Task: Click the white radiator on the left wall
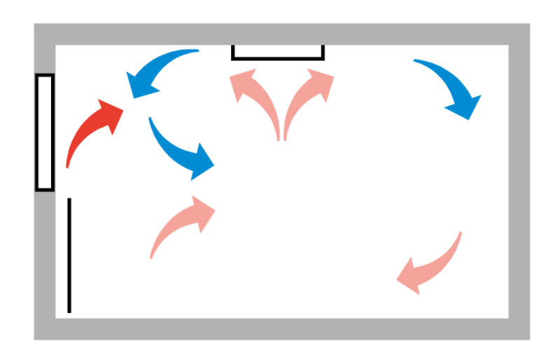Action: [45, 132]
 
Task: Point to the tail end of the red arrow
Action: [68, 167]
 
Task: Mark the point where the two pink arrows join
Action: [281, 137]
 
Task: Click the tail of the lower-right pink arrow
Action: [459, 233]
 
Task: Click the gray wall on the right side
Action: [519, 182]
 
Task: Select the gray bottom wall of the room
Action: [280, 328]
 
